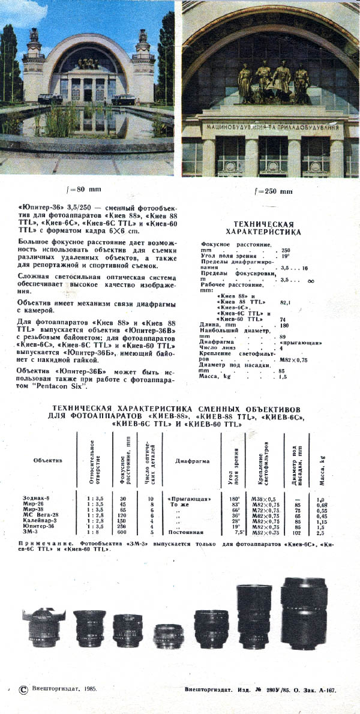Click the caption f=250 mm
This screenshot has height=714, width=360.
click(273, 191)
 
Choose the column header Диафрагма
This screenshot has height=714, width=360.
click(192, 461)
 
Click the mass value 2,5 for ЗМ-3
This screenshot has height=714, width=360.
click(320, 532)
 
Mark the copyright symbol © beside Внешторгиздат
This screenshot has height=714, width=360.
click(23, 690)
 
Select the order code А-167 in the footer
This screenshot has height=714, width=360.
click(323, 690)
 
